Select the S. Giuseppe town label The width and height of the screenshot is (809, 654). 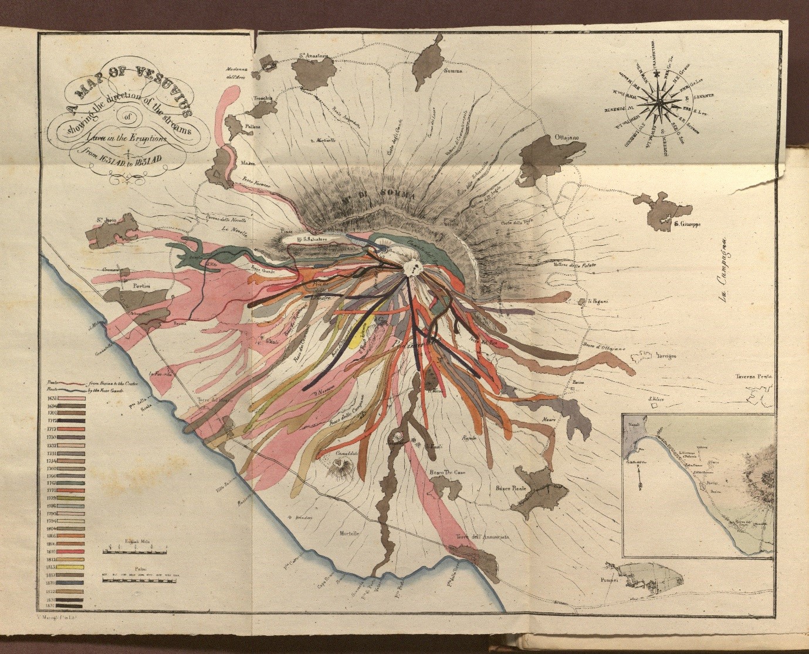688,223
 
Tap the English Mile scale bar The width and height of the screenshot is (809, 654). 134,550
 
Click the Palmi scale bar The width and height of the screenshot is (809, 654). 134,581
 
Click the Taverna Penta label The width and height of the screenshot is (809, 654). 756,377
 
